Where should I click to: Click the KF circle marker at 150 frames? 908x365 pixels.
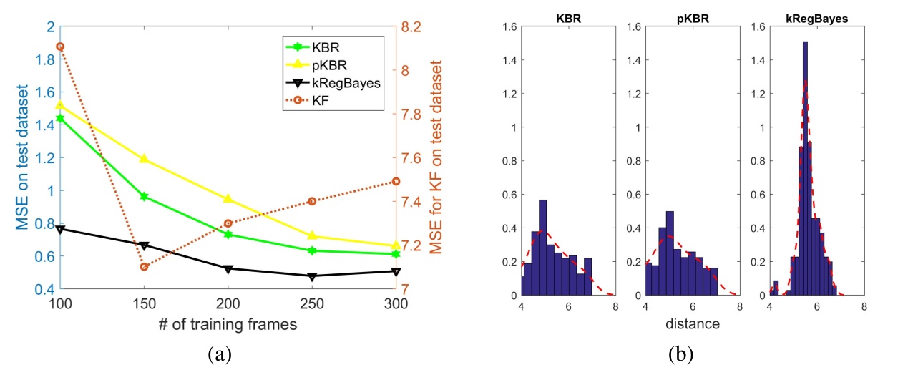pyautogui.click(x=143, y=267)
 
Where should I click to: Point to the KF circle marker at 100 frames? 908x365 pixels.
pyautogui.click(x=60, y=47)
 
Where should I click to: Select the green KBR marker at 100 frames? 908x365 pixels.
pyautogui.click(x=60, y=118)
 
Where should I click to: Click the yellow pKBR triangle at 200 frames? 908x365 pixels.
pyautogui.click(x=228, y=198)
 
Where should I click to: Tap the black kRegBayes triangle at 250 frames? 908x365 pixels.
pyautogui.click(x=311, y=276)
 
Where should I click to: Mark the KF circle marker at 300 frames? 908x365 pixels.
pyautogui.click(x=395, y=182)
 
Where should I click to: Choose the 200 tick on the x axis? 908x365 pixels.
pyautogui.click(x=228, y=303)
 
